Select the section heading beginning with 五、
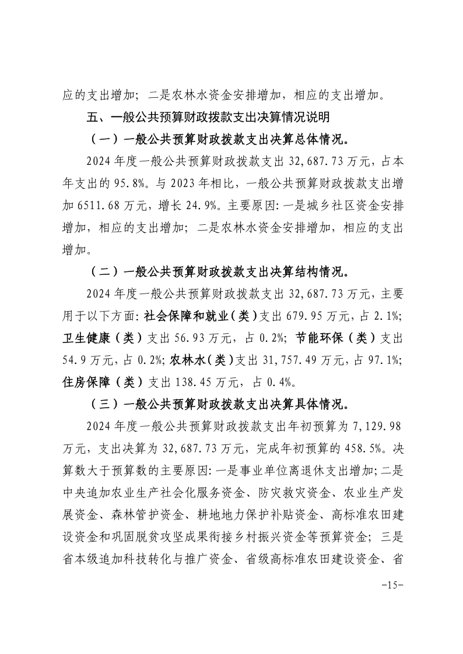(208, 118)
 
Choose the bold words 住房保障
(83, 382)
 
